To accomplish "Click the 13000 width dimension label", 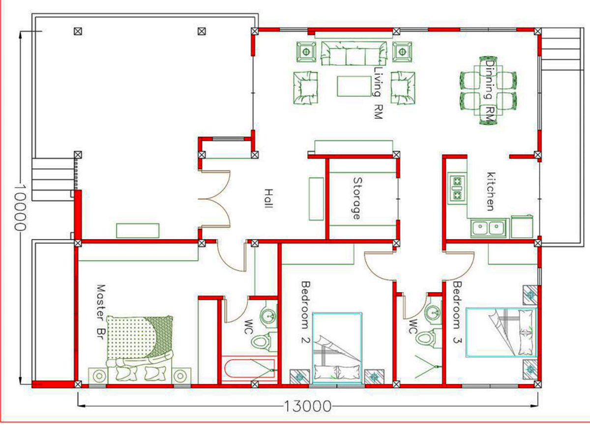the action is click(x=308, y=406).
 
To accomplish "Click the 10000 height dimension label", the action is click(x=20, y=208).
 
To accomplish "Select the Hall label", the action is click(x=268, y=199).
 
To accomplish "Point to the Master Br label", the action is click(x=101, y=312).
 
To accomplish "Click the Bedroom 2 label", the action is click(x=305, y=313).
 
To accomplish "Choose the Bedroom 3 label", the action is click(x=457, y=313).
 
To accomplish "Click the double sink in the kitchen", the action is click(x=489, y=228).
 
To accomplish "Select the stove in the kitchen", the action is click(x=457, y=188).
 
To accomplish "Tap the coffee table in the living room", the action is click(x=354, y=86).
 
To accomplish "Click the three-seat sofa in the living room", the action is click(x=354, y=53).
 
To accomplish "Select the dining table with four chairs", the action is click(x=488, y=90).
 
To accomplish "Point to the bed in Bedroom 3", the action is click(x=501, y=332).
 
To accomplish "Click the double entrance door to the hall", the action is click(x=215, y=199).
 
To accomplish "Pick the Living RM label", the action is click(x=378, y=93).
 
